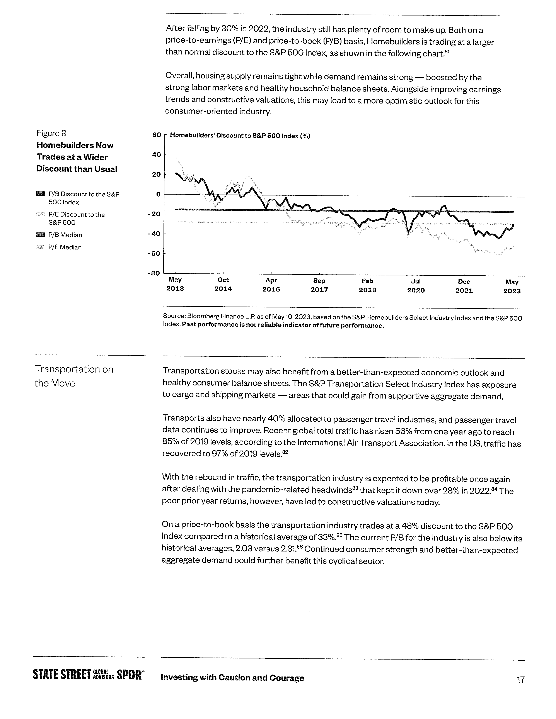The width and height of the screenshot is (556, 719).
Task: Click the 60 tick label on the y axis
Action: tap(157, 135)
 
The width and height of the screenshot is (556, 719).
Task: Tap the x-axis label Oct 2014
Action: tap(223, 284)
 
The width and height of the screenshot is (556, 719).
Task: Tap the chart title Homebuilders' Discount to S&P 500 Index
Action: tap(240, 136)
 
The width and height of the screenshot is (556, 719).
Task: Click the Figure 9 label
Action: tap(51, 133)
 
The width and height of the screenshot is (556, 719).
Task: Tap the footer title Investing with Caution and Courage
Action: tap(232, 678)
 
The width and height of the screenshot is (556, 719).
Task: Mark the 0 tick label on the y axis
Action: tap(158, 194)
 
